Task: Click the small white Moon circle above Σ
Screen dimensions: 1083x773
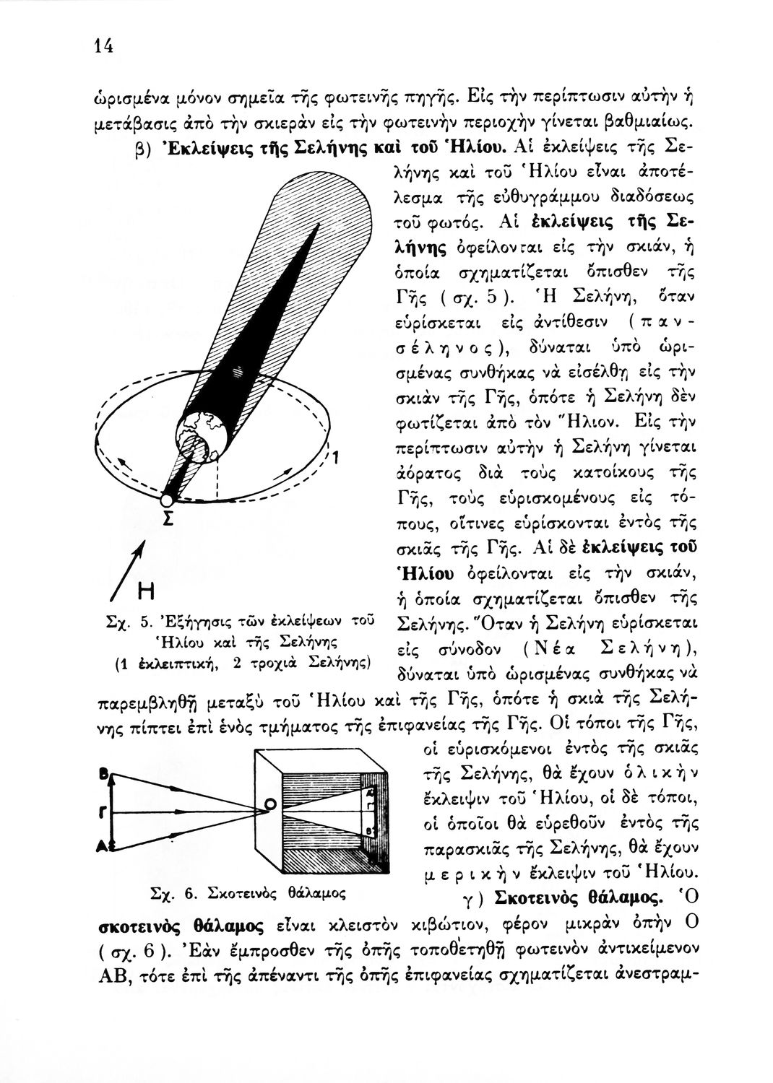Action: click(x=167, y=500)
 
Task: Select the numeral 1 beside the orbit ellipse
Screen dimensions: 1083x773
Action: click(x=336, y=458)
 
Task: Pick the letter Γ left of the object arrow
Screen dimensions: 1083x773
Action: click(x=103, y=813)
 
